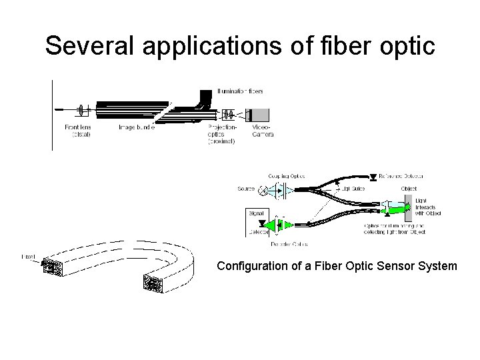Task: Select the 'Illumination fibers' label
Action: click(x=243, y=91)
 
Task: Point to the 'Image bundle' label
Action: click(x=137, y=128)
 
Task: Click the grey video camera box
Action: click(x=261, y=114)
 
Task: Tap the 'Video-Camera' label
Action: click(x=262, y=131)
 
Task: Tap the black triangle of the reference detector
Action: click(x=371, y=177)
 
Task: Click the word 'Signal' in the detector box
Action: click(x=255, y=213)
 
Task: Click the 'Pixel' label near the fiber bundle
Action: click(x=29, y=256)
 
